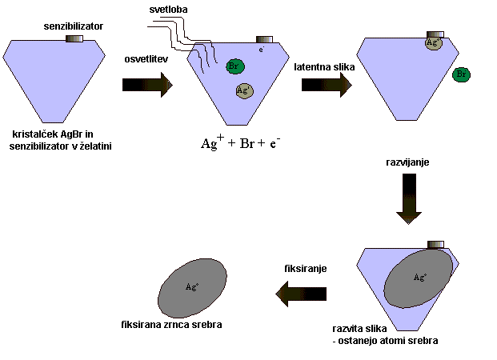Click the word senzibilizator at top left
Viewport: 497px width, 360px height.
coord(73,26)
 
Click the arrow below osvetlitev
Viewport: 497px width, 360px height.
coord(148,84)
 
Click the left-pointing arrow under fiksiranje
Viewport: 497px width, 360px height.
coord(301,294)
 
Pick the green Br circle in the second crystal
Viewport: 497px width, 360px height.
coord(235,66)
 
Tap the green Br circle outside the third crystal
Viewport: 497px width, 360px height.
coord(460,74)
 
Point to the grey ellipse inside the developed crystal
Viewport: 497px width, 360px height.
coord(419,277)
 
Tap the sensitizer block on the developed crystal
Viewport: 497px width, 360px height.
coord(436,243)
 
